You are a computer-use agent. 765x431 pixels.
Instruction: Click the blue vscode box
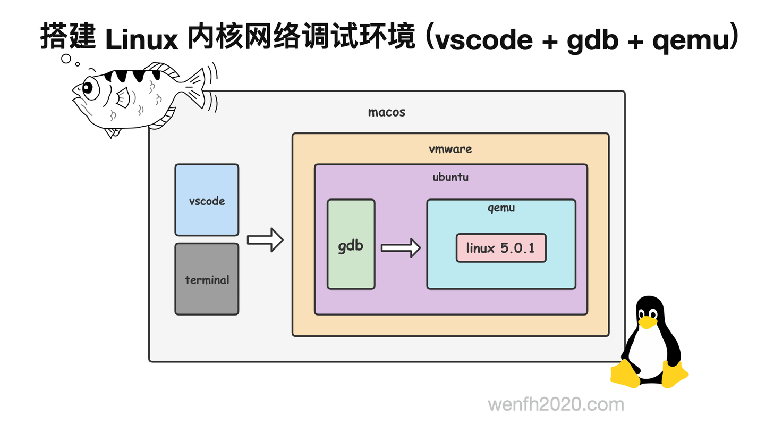(x=207, y=200)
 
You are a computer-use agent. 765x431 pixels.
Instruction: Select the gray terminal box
(x=207, y=279)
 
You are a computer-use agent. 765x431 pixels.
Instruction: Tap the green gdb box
(x=351, y=244)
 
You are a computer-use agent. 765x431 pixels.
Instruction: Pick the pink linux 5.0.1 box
(x=500, y=248)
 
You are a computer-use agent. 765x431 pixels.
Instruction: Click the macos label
(x=387, y=112)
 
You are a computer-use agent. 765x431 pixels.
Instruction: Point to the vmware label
(x=450, y=149)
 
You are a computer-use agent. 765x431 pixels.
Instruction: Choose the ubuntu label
(x=450, y=177)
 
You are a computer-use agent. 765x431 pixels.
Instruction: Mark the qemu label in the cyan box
(x=501, y=208)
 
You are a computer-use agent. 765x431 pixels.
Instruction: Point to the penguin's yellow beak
(x=647, y=322)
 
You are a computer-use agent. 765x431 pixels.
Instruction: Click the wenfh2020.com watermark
(x=556, y=405)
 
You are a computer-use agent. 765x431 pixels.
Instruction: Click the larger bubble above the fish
(x=66, y=59)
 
